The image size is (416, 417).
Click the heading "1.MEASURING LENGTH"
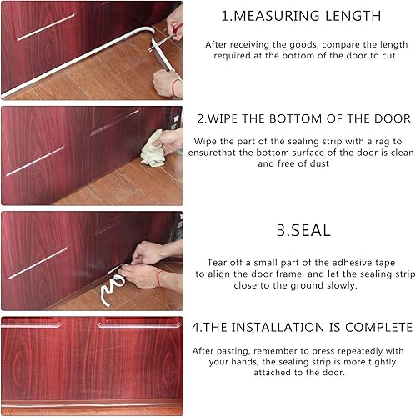pos(301,16)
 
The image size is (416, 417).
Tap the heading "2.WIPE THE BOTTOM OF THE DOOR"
pos(303,118)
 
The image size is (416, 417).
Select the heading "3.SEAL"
pos(303,230)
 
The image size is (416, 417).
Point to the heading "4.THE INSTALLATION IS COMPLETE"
pos(302,327)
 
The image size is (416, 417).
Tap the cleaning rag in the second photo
pos(153,150)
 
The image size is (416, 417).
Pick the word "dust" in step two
pos(319,163)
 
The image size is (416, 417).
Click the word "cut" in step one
pos(388,56)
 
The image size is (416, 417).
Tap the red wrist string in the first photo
pos(173,87)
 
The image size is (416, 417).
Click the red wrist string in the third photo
pos(158,279)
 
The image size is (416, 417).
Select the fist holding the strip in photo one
pos(164,83)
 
